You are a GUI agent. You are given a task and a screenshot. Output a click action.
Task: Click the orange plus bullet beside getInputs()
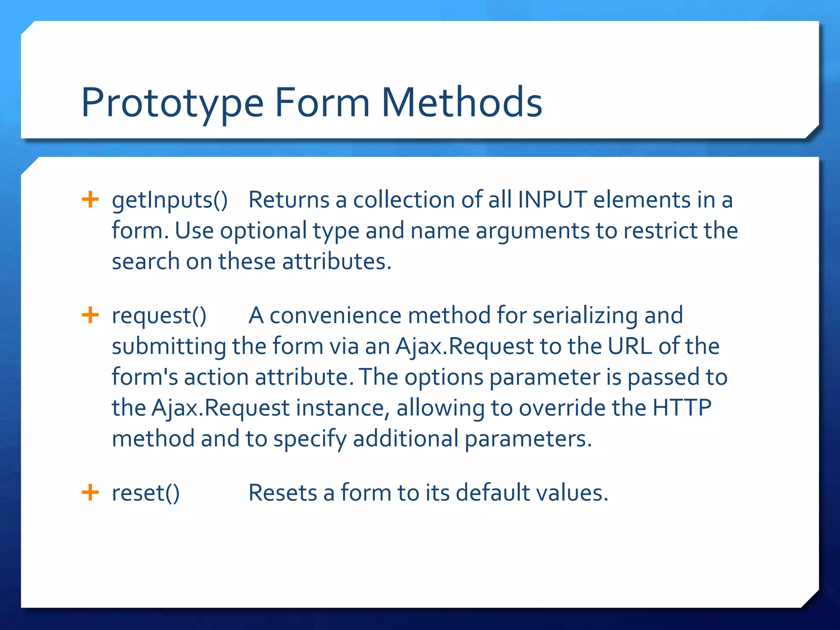(x=90, y=200)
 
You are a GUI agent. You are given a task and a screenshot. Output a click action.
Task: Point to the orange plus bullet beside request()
(x=90, y=315)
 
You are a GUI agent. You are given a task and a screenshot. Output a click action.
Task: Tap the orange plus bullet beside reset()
(x=90, y=492)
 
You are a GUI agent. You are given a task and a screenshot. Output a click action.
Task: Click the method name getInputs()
(x=170, y=201)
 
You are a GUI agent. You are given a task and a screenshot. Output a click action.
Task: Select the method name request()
(x=159, y=316)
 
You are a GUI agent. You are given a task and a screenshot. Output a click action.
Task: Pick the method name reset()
(x=146, y=493)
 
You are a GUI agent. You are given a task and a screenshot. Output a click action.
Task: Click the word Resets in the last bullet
(x=283, y=493)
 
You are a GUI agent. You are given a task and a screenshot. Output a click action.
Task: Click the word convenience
(x=335, y=316)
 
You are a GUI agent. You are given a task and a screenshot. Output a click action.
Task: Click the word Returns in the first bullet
(x=289, y=200)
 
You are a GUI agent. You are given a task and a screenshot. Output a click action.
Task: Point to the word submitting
(x=169, y=347)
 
